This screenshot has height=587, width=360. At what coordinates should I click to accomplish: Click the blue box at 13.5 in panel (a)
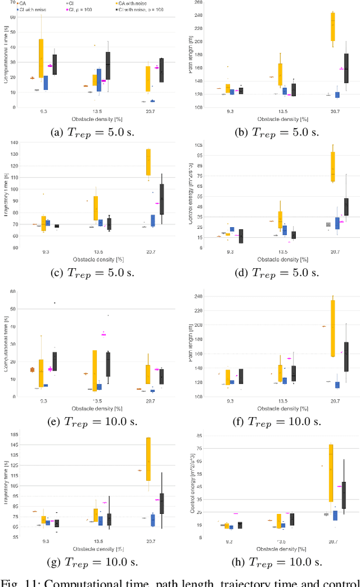point(99,80)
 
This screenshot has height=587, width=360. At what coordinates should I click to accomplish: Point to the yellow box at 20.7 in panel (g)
point(148,459)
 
